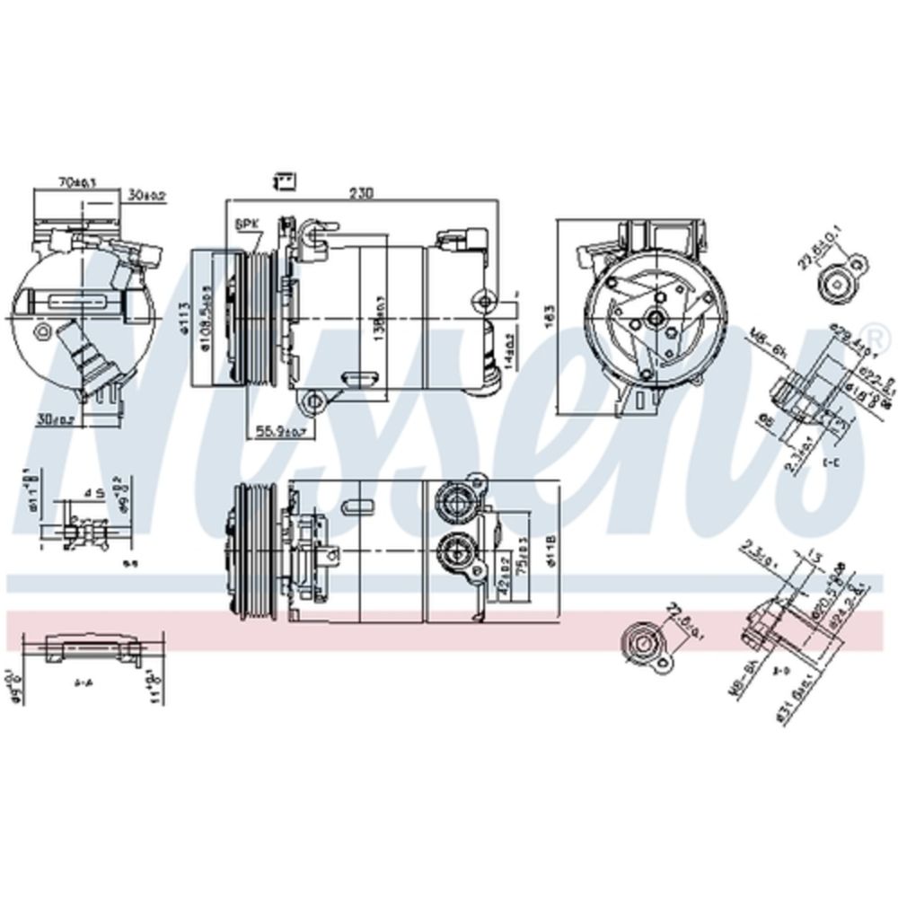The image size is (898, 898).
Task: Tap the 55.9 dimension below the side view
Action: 279,431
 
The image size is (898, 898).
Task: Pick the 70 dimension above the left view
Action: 76,182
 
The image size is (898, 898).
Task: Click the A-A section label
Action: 84,682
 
